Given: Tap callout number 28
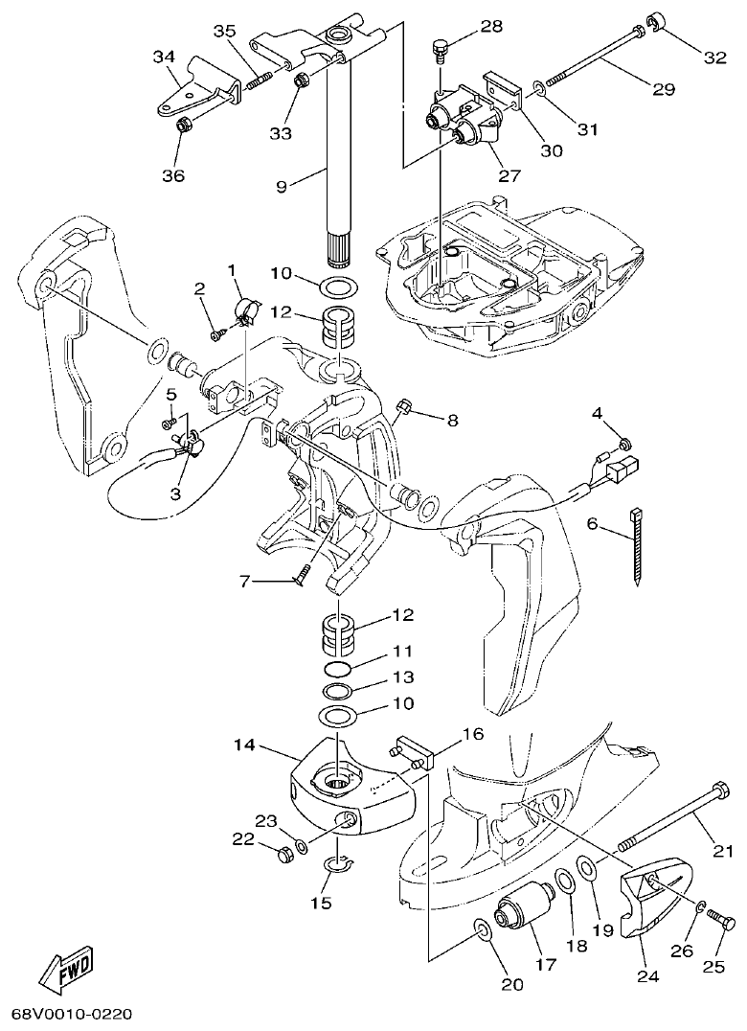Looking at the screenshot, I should click(x=491, y=26).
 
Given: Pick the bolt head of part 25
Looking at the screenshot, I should click(x=726, y=923).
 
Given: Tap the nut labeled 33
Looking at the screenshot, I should click(x=299, y=81).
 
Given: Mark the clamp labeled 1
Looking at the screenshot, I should click(x=248, y=309).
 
